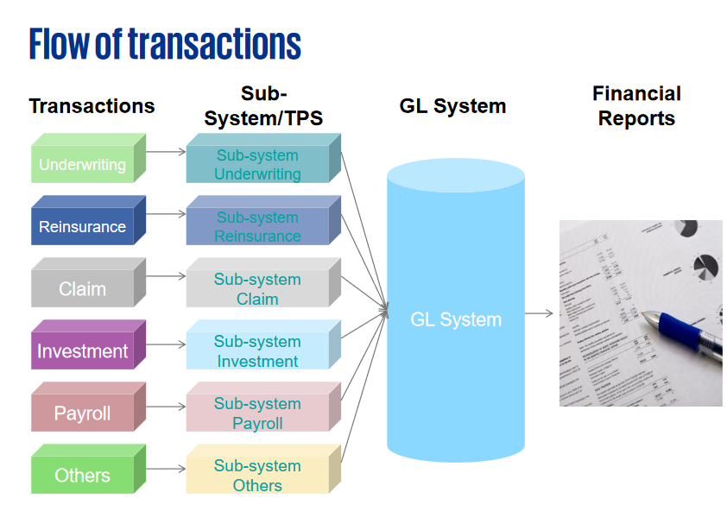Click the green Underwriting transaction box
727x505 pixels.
pyautogui.click(x=83, y=164)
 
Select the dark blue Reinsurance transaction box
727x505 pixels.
pyautogui.click(x=83, y=226)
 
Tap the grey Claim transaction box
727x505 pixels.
pyautogui.click(x=83, y=288)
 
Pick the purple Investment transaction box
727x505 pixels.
pyautogui.click(x=83, y=350)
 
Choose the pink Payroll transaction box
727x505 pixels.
pyautogui.click(x=83, y=413)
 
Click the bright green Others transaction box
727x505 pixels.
pyautogui.click(x=83, y=475)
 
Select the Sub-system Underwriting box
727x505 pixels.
pyautogui.click(x=258, y=164)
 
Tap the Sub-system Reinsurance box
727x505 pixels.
pyautogui.click(x=258, y=226)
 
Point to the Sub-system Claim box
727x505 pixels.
pyautogui.click(x=258, y=288)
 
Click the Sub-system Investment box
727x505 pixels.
pyautogui.click(x=258, y=350)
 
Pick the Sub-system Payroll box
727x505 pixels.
pyautogui.click(x=258, y=413)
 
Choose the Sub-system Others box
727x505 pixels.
pyautogui.click(x=258, y=475)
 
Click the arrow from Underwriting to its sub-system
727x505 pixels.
pyautogui.click(x=167, y=151)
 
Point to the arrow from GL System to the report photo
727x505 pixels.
pyautogui.click(x=539, y=313)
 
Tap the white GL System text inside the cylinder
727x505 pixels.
pyautogui.click(x=456, y=319)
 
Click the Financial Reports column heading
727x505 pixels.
pyautogui.click(x=636, y=106)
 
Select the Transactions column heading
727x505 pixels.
pyautogui.click(x=92, y=106)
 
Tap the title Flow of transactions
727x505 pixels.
pyautogui.click(x=165, y=43)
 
